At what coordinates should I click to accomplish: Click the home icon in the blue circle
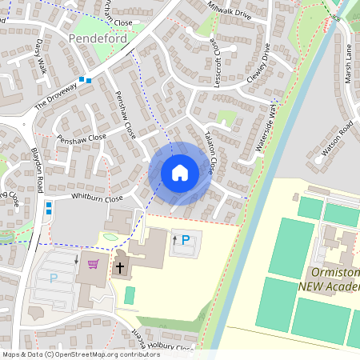pyautogui.click(x=179, y=173)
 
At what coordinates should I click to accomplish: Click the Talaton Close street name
pyautogui.click(x=209, y=153)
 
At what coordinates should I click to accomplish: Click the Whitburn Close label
pyautogui.click(x=95, y=198)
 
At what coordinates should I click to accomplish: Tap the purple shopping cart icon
pyautogui.click(x=94, y=264)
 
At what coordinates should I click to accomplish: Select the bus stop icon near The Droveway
pyautogui.click(x=85, y=79)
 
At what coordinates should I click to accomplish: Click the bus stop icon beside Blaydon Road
pyautogui.click(x=49, y=208)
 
